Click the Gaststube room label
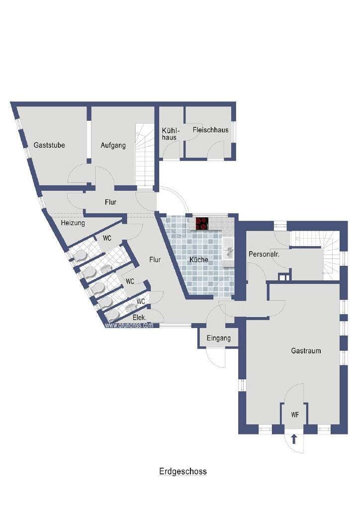[49, 145]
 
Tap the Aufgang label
[113, 146]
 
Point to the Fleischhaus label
[210, 130]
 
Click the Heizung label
[73, 223]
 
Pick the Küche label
[199, 259]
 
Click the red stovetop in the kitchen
[201, 224]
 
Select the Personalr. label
[264, 254]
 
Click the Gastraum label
[306, 350]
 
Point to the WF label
[295, 415]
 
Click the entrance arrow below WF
[294, 439]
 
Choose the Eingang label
[219, 338]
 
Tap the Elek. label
[140, 318]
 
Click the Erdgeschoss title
[183, 471]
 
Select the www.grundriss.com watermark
[129, 325]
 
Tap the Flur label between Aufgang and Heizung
[110, 202]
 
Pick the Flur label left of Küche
[155, 259]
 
